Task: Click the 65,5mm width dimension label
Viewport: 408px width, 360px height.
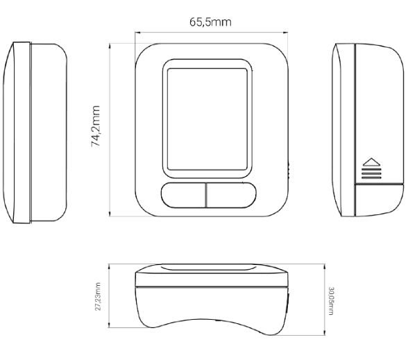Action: (x=210, y=22)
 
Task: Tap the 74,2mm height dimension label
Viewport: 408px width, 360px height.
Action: (x=96, y=126)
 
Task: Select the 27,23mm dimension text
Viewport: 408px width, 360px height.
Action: (x=98, y=297)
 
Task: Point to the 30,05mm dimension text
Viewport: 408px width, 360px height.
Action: (x=331, y=301)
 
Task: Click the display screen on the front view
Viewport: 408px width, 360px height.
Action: (x=207, y=119)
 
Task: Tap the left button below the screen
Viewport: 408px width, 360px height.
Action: (x=183, y=195)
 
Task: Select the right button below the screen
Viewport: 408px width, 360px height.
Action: (x=231, y=195)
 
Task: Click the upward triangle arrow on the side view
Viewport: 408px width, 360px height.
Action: (x=372, y=162)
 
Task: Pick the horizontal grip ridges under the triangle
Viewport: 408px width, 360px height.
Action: (x=372, y=173)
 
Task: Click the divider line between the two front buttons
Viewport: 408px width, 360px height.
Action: (x=206, y=195)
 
